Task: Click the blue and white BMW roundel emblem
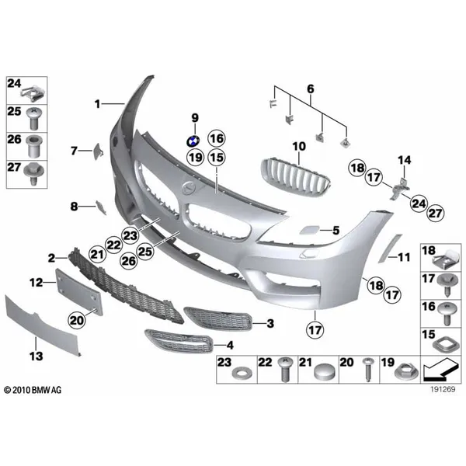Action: pyautogui.click(x=193, y=141)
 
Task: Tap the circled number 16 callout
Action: pyautogui.click(x=217, y=138)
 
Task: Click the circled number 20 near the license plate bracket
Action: pyautogui.click(x=77, y=320)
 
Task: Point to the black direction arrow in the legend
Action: pyautogui.click(x=440, y=370)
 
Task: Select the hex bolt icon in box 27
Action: pyautogui.click(x=34, y=173)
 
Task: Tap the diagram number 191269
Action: pyautogui.click(x=443, y=389)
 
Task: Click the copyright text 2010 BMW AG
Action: pyautogui.click(x=33, y=390)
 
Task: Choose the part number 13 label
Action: pyautogui.click(x=36, y=356)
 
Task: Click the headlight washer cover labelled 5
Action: pyautogui.click(x=309, y=230)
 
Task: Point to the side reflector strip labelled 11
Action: pyautogui.click(x=390, y=249)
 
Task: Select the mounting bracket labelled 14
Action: pyautogui.click(x=399, y=189)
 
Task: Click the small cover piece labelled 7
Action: pyautogui.click(x=98, y=151)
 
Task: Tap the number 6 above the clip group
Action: pyautogui.click(x=310, y=89)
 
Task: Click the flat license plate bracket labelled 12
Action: pyautogui.click(x=79, y=292)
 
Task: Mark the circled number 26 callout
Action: pyautogui.click(x=129, y=261)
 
